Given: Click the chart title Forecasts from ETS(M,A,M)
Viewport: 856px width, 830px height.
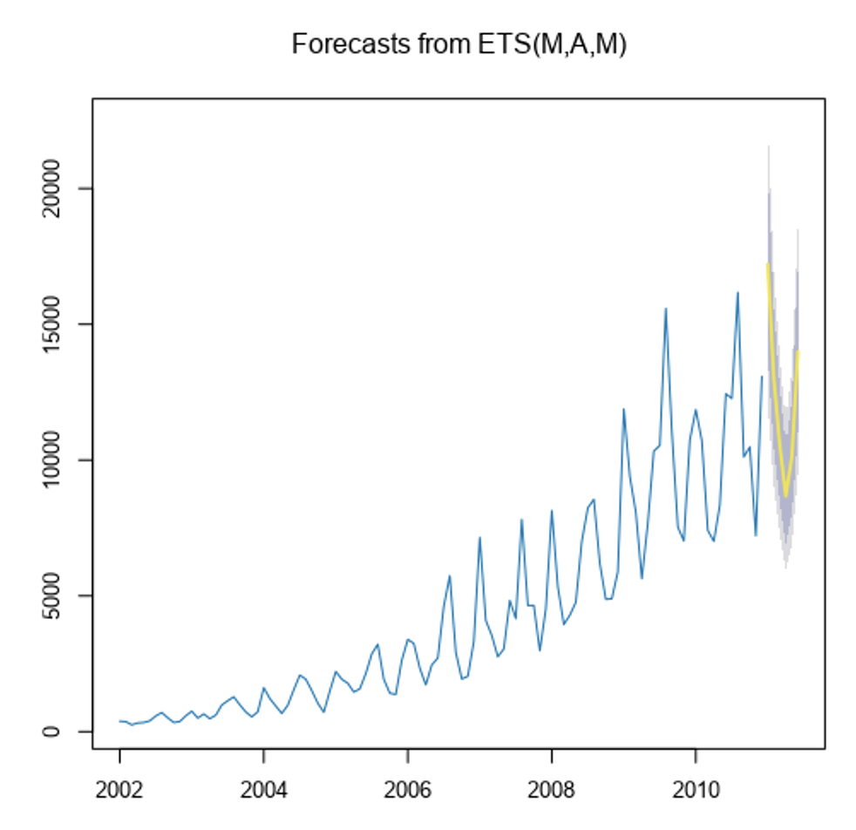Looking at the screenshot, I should (459, 44).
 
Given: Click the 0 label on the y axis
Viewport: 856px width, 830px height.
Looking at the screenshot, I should (53, 731).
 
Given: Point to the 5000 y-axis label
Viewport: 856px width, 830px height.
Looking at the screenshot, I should (53, 596).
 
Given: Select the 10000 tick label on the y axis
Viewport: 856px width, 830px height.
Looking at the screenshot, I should (53, 460).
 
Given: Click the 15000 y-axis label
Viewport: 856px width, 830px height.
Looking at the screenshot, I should (53, 324).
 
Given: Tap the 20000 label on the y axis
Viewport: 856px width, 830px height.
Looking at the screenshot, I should (53, 188).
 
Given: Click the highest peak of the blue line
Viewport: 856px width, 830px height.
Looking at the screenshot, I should (737, 293).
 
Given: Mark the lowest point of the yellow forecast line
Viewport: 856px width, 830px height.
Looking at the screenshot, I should (785, 495).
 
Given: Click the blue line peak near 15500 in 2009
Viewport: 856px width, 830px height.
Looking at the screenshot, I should (666, 309).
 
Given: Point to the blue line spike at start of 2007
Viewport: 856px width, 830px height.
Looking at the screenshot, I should (479, 538).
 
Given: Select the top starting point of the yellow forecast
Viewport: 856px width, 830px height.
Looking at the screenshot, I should (768, 264).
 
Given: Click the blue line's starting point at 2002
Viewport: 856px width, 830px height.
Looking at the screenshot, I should (120, 721).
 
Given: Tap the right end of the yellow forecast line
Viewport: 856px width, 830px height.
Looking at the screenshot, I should (798, 352).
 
